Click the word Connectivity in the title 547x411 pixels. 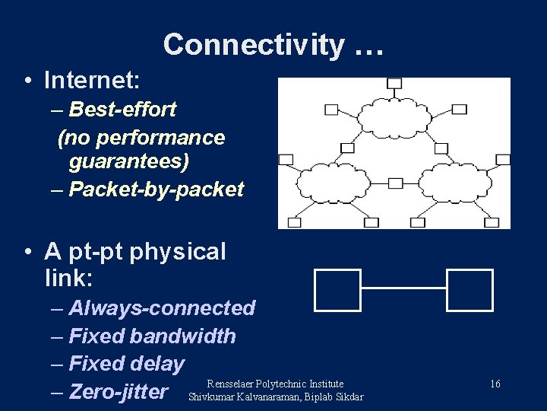coord(253,45)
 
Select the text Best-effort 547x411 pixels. coord(122,110)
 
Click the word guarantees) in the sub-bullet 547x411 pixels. coord(129,162)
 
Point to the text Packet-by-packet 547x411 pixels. coord(156,190)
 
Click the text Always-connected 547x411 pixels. coord(161,308)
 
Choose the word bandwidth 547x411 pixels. coord(183,336)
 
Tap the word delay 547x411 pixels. coord(157,365)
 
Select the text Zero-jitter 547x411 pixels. coord(118,392)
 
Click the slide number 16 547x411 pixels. coord(495,384)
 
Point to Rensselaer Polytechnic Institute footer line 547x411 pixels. coord(275,384)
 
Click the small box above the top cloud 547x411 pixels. coord(394,83)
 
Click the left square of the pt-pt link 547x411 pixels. coord(337,290)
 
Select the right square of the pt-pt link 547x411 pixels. coord(470,290)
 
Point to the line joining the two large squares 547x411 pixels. coord(403,288)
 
